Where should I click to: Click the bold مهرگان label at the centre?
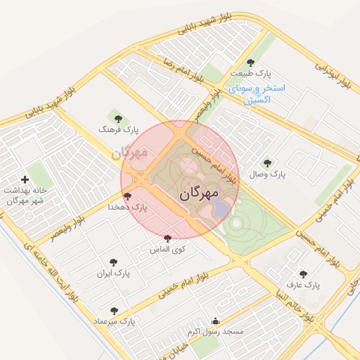point(199,192)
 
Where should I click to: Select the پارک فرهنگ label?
point(119,130)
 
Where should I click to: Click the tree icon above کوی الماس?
point(167,238)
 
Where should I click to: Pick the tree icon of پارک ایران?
point(114,261)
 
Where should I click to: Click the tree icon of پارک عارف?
point(303,274)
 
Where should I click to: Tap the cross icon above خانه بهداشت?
point(26,181)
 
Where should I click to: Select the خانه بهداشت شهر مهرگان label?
point(25,195)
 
